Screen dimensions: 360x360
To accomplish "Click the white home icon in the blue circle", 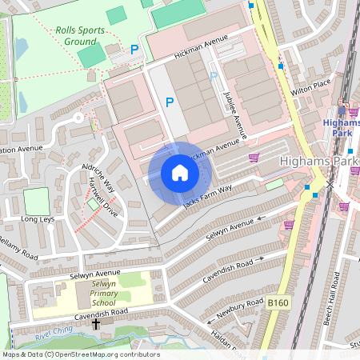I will pos(180,173).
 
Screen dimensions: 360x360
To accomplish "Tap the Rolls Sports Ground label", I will pos(79,35).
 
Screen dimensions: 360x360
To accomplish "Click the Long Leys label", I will pos(38,218).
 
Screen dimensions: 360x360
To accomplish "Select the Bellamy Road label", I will pos(18,247).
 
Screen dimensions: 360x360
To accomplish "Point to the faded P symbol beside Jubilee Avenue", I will pos(214,76).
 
